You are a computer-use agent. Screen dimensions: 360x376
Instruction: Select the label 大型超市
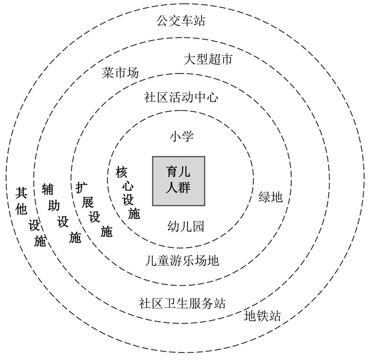[x=207, y=59]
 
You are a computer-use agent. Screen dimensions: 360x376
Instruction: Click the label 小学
[x=181, y=136]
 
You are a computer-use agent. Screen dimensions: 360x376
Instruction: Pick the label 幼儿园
[x=185, y=226]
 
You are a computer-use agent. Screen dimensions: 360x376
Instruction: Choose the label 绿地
[x=270, y=197]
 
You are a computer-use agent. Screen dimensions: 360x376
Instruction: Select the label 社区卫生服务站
[x=182, y=303]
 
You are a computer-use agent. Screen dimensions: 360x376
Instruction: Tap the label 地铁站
[x=262, y=315]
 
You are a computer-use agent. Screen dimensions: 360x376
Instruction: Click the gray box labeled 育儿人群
[x=179, y=181]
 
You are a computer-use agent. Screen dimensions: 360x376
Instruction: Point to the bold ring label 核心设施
[x=128, y=193]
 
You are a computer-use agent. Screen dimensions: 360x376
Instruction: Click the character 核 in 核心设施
[x=121, y=172]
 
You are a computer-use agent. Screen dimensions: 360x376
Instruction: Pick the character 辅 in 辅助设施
[x=48, y=189]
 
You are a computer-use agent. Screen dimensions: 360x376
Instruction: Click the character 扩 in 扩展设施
[x=81, y=187]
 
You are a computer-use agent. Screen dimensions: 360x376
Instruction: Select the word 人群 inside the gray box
[x=179, y=188]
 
